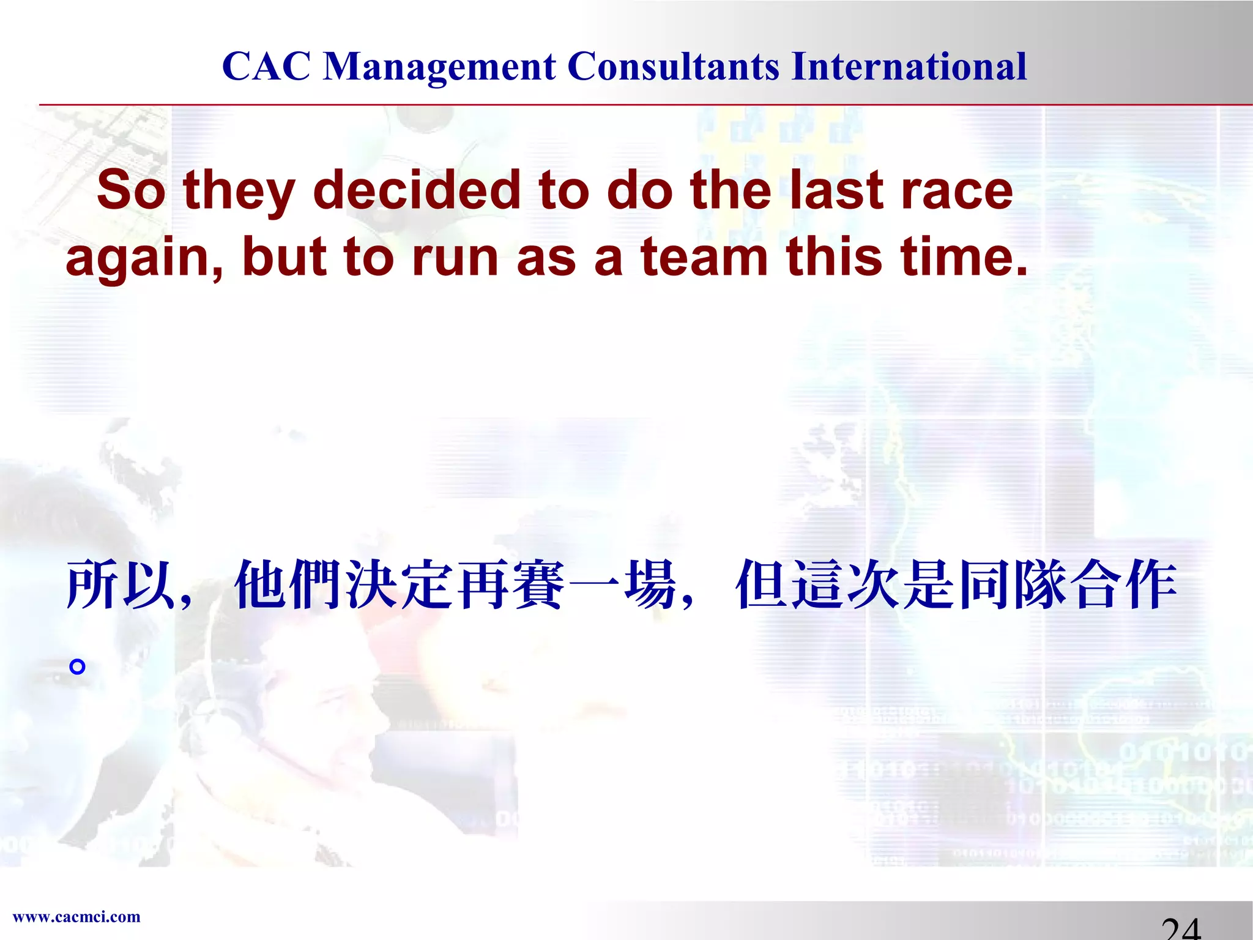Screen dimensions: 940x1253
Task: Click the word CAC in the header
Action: point(266,66)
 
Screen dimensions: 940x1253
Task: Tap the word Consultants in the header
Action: point(673,66)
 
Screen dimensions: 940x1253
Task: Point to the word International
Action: point(909,66)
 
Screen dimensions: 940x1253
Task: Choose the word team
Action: point(704,257)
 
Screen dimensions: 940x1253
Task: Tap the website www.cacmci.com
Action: point(76,917)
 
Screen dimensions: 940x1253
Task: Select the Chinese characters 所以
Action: point(119,585)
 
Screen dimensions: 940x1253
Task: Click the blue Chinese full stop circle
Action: point(77,666)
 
